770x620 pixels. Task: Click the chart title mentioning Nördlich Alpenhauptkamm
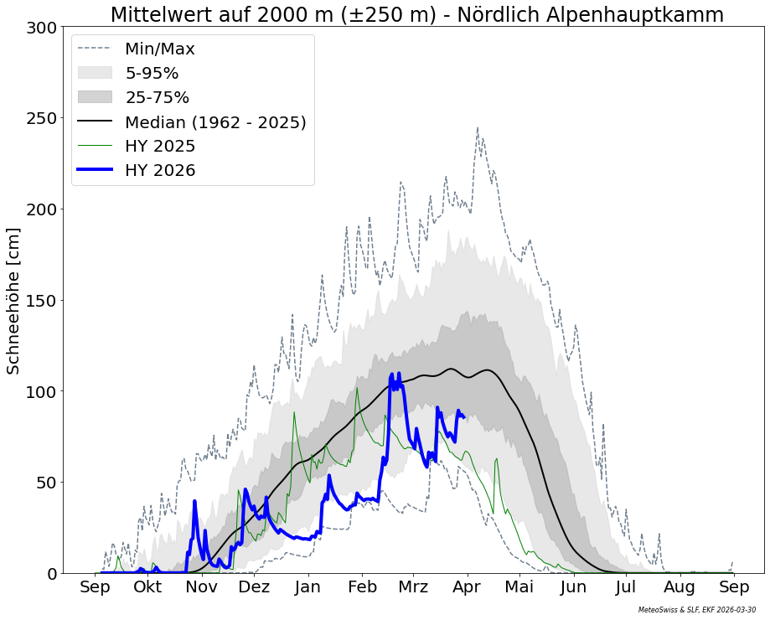coord(416,15)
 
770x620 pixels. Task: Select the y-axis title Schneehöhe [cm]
coord(13,301)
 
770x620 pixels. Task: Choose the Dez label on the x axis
coord(254,587)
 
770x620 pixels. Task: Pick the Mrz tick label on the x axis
coord(414,587)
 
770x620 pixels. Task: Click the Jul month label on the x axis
coord(626,587)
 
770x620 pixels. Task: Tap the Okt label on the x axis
coord(148,587)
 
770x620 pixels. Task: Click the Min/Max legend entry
coord(160,49)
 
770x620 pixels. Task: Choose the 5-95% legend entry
coord(152,74)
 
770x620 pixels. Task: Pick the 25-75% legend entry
coord(158,98)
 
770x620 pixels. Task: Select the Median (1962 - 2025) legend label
coord(215,122)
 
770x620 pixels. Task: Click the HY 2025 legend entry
coord(160,147)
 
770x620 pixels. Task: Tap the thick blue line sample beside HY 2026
coord(94,170)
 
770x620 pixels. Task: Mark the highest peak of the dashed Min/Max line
coord(478,128)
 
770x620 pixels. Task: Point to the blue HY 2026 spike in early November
coord(194,502)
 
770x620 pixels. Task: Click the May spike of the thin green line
coord(497,459)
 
